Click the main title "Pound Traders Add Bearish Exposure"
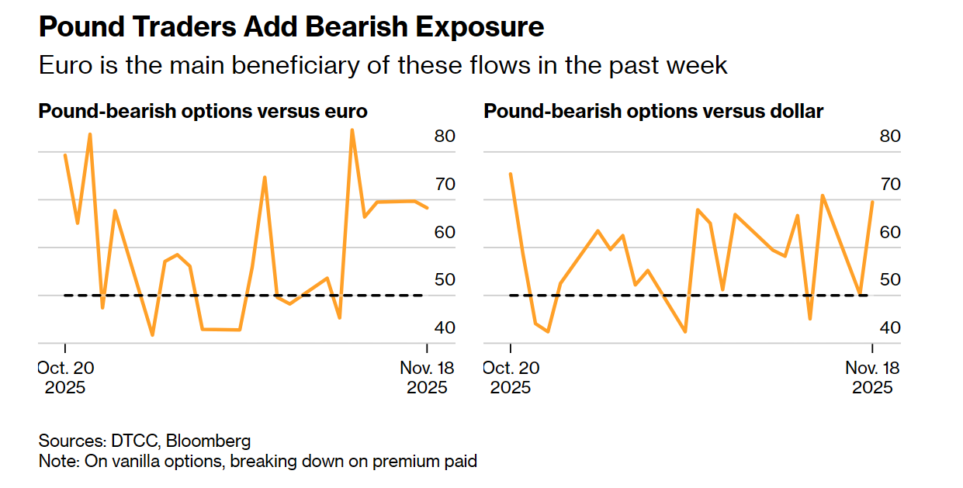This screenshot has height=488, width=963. (291, 27)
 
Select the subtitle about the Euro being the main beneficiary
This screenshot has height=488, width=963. (383, 65)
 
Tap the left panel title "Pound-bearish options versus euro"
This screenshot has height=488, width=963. (203, 112)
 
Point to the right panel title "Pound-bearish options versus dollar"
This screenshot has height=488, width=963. (653, 112)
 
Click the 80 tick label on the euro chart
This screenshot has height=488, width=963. (444, 137)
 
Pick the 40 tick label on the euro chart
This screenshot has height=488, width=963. (444, 328)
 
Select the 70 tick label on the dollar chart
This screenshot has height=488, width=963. (889, 185)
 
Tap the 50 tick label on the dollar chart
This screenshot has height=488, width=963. (889, 280)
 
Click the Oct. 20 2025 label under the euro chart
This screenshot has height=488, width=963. (65, 376)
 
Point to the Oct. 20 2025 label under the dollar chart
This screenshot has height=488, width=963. (510, 376)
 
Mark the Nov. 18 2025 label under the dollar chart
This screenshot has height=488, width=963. (872, 376)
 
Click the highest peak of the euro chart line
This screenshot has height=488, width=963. (352, 130)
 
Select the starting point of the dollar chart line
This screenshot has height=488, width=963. (511, 174)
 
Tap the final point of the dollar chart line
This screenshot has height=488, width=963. (872, 202)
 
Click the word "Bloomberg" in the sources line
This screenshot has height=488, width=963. (209, 441)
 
